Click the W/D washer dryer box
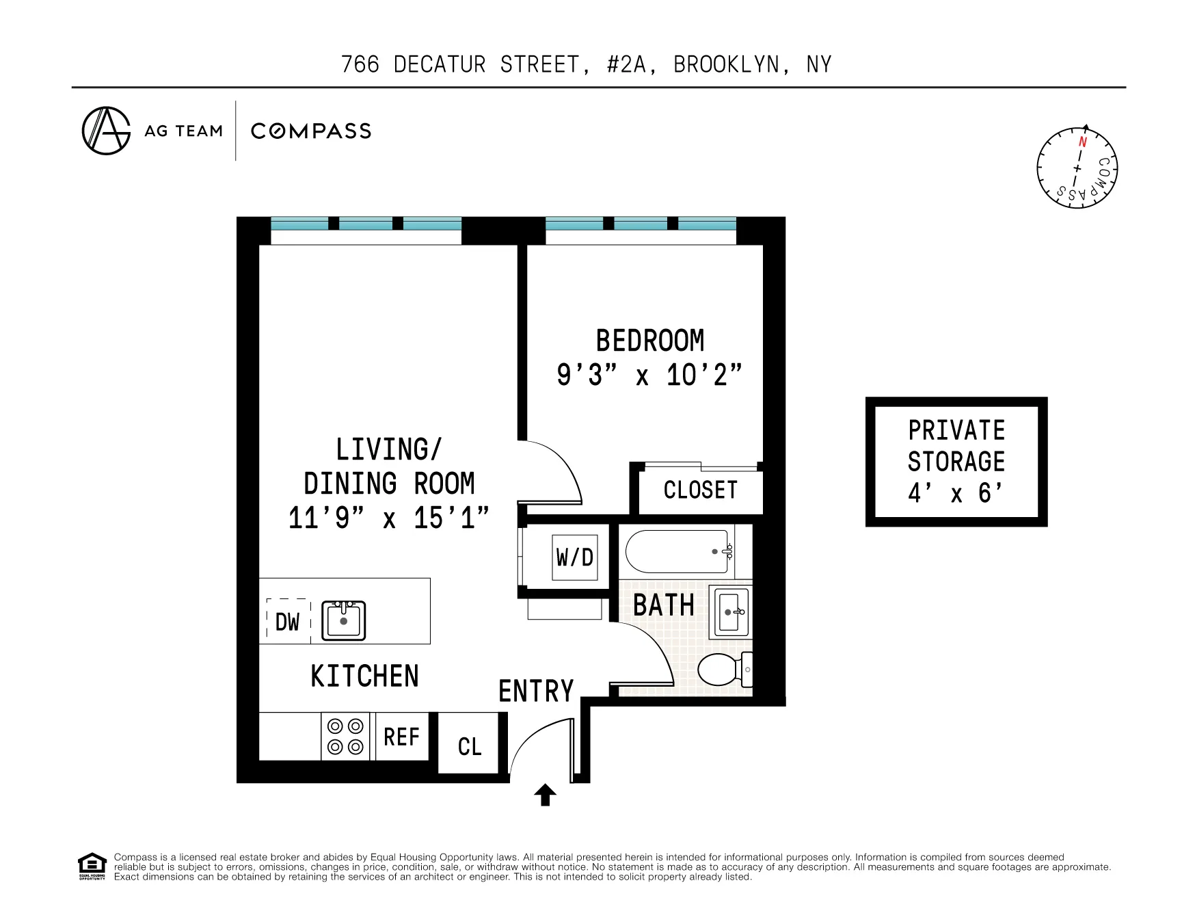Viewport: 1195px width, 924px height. (574, 557)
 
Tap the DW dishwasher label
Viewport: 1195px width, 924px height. (287, 622)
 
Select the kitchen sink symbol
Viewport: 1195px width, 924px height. (344, 620)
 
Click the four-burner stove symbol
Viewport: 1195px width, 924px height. (345, 736)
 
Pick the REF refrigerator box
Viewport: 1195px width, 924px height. (401, 737)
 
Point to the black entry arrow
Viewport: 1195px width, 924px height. (545, 795)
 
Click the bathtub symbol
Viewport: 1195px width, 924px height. (679, 551)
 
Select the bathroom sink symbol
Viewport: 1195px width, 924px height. (731, 611)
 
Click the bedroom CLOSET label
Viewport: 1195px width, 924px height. (701, 490)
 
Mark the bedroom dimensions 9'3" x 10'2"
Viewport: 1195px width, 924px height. (649, 375)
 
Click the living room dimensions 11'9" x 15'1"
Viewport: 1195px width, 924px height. (388, 518)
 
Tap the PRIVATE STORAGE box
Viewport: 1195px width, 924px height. (956, 462)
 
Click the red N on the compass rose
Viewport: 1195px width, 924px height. (1082, 142)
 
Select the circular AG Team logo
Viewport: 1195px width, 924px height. (106, 131)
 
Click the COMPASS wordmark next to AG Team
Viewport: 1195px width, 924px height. (311, 131)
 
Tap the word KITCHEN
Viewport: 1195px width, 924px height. (364, 676)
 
